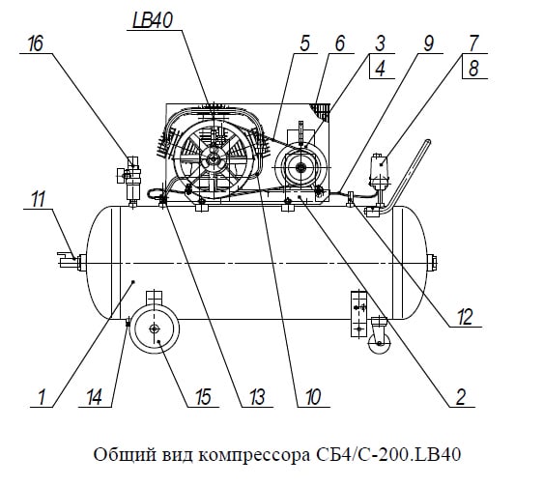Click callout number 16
tap(36, 43)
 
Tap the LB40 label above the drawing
tap(153, 21)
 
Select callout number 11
tap(39, 200)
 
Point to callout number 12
tap(465, 317)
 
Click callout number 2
tap(461, 397)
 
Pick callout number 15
tap(203, 397)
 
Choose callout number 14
tap(94, 397)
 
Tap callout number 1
tap(42, 397)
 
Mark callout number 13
tap(257, 397)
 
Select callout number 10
tap(313, 397)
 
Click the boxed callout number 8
tap(473, 69)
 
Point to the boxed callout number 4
tap(381, 69)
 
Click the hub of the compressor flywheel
tap(212, 159)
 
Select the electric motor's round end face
tap(300, 168)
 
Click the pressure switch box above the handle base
tap(380, 168)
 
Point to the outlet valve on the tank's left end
tap(71, 261)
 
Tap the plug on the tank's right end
tap(432, 263)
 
